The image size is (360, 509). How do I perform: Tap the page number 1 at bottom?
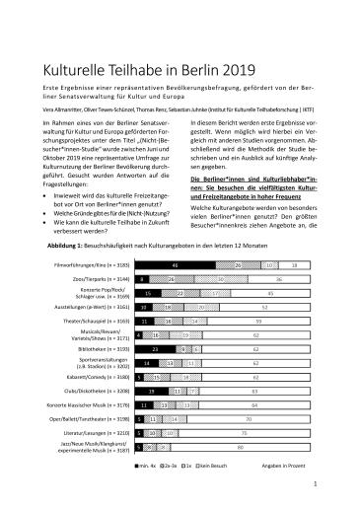click(x=314, y=484)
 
